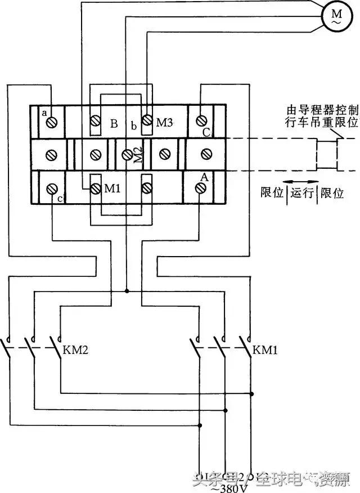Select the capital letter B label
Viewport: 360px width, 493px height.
click(114, 124)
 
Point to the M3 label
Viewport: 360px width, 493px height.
click(164, 120)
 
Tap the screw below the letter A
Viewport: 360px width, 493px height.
click(201, 189)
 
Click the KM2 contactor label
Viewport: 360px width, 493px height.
click(76, 350)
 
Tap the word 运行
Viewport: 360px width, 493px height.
click(304, 193)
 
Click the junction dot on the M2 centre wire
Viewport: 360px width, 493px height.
click(127, 291)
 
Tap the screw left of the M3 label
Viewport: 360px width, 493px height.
click(147, 120)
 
